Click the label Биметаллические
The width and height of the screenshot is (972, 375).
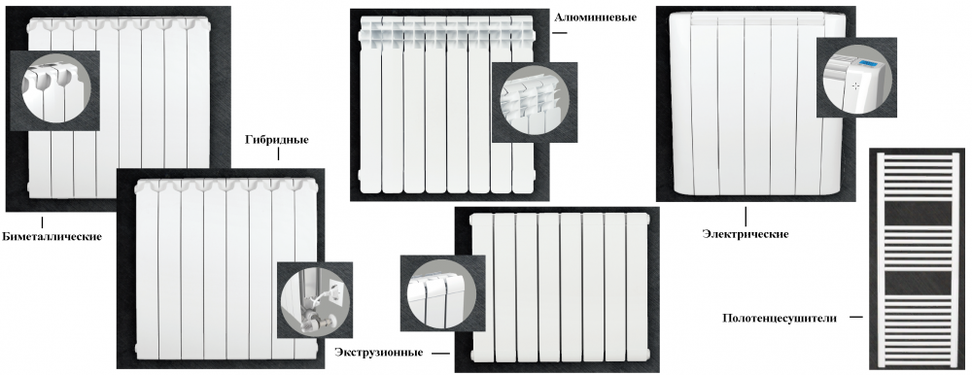pos(52,236)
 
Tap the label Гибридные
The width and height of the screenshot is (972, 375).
pos(277,140)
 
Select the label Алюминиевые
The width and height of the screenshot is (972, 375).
pos(595,17)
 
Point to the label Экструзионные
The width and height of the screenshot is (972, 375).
pos(379,353)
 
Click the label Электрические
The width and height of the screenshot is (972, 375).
pos(746,234)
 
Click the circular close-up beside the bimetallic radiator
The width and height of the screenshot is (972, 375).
pos(55,90)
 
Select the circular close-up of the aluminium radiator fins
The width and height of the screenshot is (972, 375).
pos(535,102)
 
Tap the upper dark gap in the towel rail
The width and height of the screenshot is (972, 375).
pos(918,214)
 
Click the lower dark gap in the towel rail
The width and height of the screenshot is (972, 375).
pos(918,284)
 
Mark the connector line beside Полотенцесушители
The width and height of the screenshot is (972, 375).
pos(855,318)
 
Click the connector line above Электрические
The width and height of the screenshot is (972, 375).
pos(746,217)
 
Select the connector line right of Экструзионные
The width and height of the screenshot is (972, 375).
pos(440,354)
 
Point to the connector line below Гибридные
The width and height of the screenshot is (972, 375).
pos(278,154)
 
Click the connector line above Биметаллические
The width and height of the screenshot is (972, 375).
pos(42,222)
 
